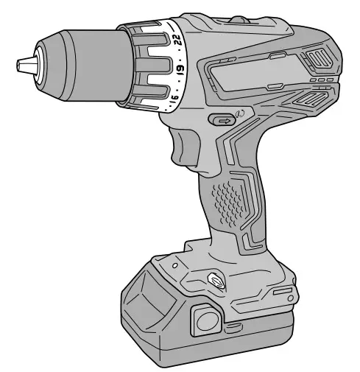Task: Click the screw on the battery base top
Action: click(214, 278)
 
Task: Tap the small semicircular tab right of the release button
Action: click(233, 323)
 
